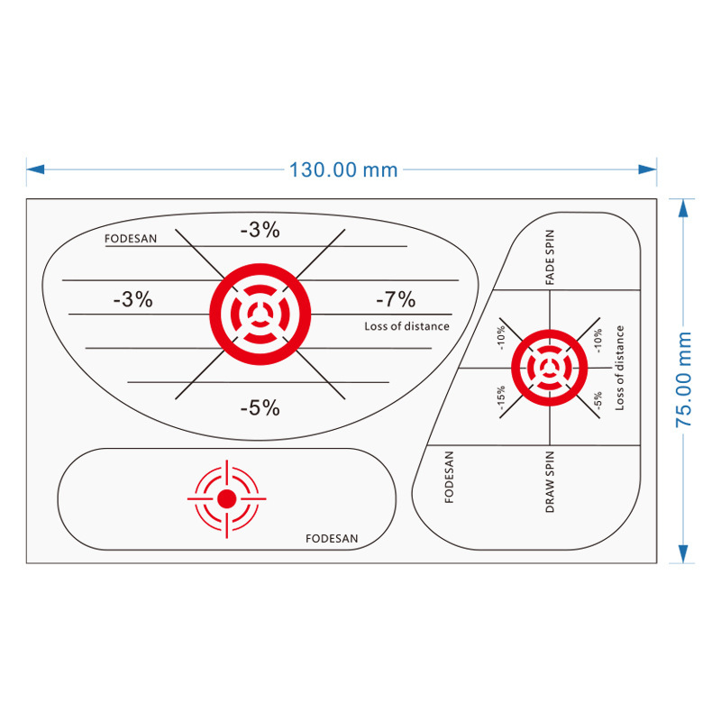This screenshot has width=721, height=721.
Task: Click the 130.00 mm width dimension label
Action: coord(342,169)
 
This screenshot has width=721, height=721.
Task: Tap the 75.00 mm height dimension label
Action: coord(684,379)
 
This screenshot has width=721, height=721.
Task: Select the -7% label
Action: coord(396,299)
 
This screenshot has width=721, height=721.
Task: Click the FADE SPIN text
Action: coord(550,258)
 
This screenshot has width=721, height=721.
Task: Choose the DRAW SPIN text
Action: coord(550,482)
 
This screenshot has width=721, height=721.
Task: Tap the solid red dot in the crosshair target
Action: coord(227,497)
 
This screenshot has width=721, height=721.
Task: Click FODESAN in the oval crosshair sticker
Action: coord(332,539)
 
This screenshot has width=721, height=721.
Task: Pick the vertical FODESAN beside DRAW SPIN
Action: coord(450,477)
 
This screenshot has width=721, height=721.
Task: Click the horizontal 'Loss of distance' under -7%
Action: coord(406,326)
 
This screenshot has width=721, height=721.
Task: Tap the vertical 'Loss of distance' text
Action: coord(620,369)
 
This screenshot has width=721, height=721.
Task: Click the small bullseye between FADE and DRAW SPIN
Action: coord(549,368)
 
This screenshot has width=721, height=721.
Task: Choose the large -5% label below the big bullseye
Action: coord(260,407)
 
